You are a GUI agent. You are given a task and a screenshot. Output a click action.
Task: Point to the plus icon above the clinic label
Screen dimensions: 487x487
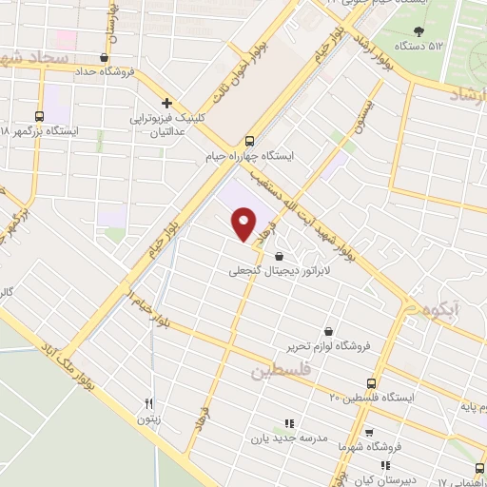pyautogui.click(x=166, y=103)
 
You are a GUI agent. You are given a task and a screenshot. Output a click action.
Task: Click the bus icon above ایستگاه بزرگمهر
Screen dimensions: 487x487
pyautogui.click(x=40, y=113)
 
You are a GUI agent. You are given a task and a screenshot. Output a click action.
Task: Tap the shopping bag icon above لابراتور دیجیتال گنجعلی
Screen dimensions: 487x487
pyautogui.click(x=278, y=255)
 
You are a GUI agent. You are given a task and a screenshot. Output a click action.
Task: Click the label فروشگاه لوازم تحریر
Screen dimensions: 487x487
pyautogui.click(x=329, y=346)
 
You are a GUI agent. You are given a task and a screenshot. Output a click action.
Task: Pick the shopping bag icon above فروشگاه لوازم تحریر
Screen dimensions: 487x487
pyautogui.click(x=329, y=331)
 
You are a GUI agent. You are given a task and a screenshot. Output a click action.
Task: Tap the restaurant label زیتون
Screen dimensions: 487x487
pyautogui.click(x=147, y=418)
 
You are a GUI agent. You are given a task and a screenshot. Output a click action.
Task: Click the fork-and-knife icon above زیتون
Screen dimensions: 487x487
pyautogui.click(x=147, y=402)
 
